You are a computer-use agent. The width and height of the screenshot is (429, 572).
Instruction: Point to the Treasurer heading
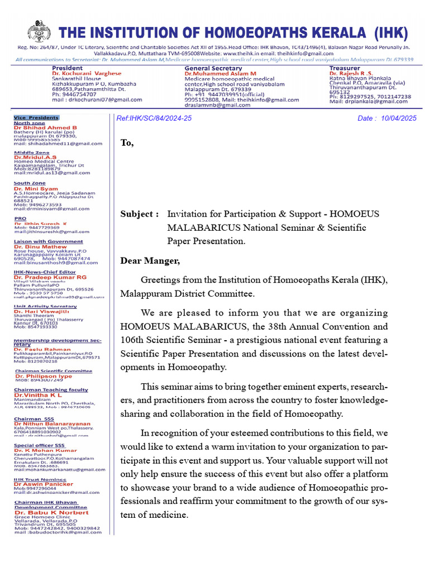[345, 68]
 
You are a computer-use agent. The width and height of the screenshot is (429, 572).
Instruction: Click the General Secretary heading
[214, 68]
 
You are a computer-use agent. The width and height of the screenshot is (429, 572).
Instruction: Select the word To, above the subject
[127, 142]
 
